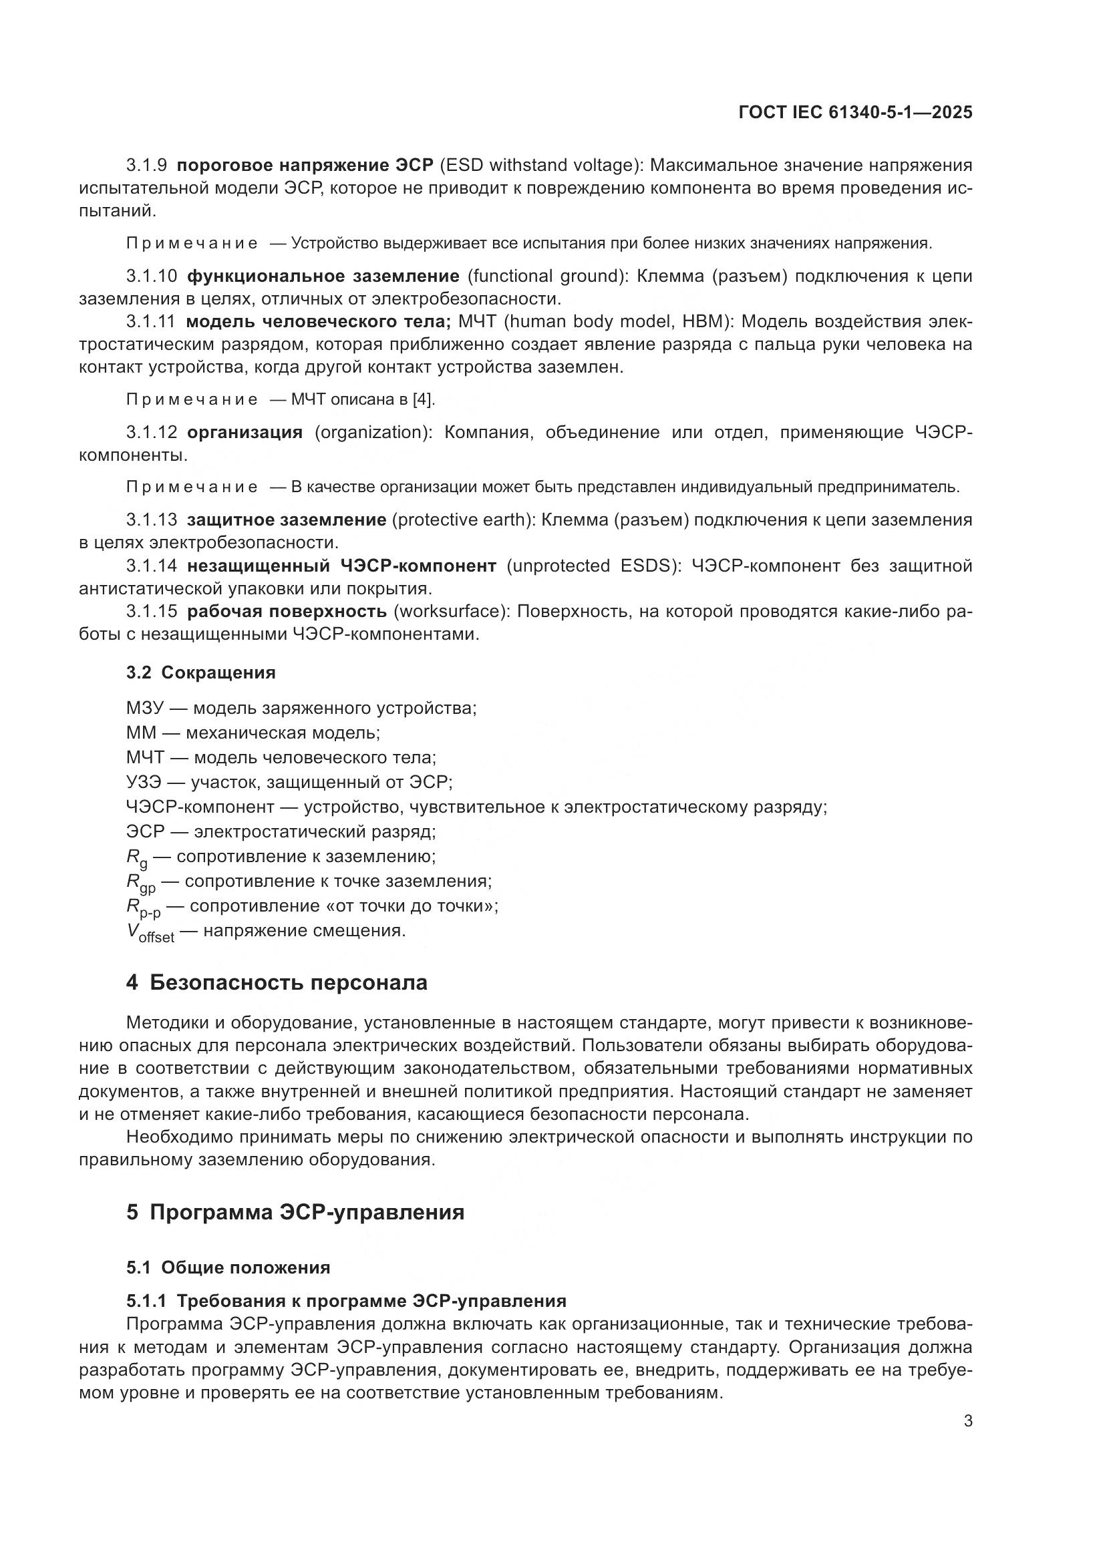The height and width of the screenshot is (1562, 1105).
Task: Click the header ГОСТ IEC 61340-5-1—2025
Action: click(x=855, y=113)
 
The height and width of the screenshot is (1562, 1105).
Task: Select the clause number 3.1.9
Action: click(x=146, y=166)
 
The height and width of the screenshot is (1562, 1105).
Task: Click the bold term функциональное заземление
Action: click(x=323, y=276)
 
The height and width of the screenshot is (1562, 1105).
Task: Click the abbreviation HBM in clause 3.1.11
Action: click(x=699, y=322)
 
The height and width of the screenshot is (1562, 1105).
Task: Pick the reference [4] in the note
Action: click(x=423, y=399)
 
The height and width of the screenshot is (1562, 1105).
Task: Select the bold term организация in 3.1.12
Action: click(x=245, y=433)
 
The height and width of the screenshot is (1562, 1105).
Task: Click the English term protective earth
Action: click(x=465, y=520)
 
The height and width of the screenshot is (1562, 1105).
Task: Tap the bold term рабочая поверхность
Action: click(x=287, y=612)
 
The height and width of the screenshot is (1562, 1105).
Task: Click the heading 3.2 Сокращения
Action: click(x=200, y=673)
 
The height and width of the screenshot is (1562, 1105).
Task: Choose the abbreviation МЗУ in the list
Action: click(x=145, y=708)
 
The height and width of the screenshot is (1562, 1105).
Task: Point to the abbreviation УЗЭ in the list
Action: click(x=143, y=783)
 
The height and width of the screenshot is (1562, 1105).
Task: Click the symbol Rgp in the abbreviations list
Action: click(x=141, y=883)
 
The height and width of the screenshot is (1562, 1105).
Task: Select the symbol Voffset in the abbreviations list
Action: click(x=150, y=933)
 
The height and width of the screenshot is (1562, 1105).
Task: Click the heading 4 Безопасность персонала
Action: click(x=277, y=983)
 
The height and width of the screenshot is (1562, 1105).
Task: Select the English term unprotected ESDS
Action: click(x=593, y=566)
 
